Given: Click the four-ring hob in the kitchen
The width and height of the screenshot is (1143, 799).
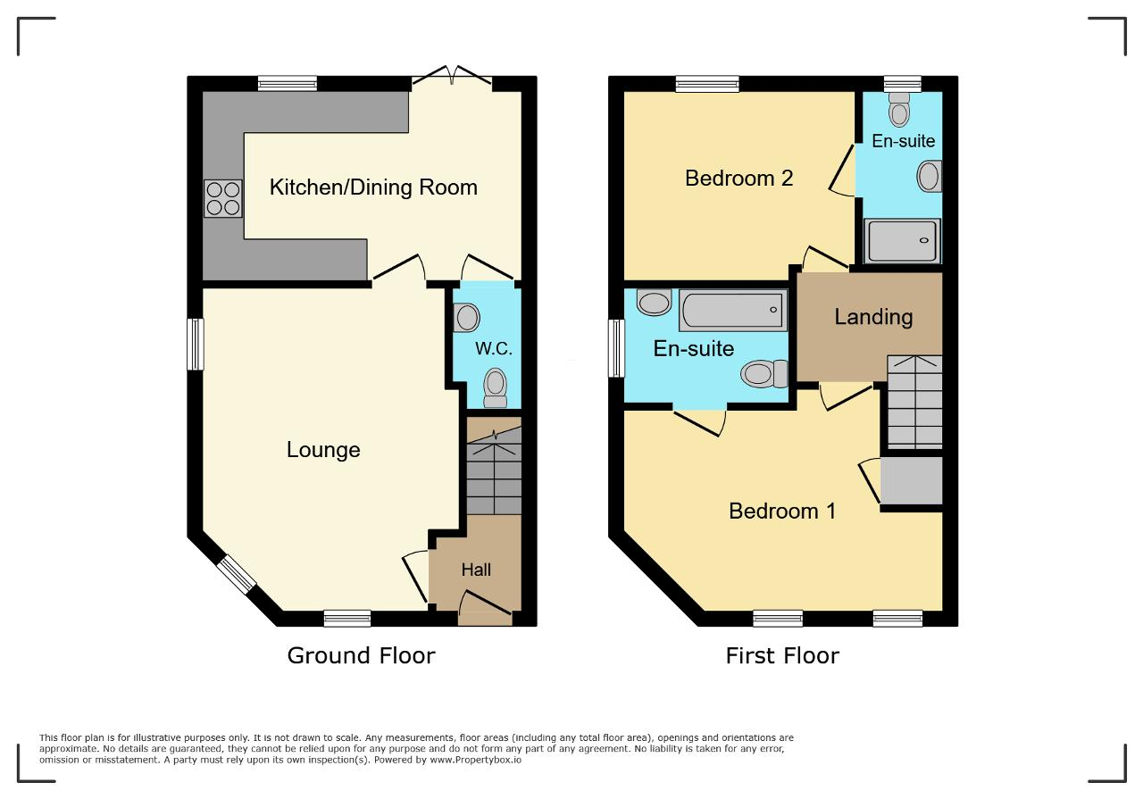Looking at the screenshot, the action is point(223,199).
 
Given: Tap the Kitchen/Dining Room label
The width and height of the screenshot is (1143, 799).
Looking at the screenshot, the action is point(373,187).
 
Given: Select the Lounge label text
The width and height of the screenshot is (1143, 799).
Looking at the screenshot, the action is point(323,450).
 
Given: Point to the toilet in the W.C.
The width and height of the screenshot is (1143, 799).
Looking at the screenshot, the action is point(495,387).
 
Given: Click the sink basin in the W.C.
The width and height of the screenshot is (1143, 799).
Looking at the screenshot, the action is point(466,317).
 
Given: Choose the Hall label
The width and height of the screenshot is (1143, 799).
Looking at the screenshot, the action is point(476,570).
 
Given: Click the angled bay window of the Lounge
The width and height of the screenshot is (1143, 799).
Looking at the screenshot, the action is point(236,575).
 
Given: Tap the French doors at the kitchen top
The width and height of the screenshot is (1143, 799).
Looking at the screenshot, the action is point(452,76).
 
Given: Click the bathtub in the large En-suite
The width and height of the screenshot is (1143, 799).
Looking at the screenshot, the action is point(733,310).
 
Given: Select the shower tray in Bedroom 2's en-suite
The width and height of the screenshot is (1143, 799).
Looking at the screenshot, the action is point(902,241).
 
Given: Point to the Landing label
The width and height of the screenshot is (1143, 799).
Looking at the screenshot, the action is point(873,317).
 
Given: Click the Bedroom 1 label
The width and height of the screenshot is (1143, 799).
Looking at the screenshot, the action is point(782,511).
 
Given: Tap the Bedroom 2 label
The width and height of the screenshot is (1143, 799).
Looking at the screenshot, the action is point(738,178).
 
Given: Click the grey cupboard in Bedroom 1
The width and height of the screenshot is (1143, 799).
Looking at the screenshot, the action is point(912,480).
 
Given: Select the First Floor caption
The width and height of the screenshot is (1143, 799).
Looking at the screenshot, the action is point(782,655).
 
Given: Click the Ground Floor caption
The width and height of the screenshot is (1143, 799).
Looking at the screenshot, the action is point(362,655).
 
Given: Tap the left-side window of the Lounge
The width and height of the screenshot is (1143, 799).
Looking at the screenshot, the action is point(196,344).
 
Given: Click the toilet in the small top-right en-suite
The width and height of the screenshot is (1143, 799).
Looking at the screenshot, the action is point(899,109).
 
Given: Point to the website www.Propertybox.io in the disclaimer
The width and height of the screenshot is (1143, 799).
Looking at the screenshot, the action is point(476,760).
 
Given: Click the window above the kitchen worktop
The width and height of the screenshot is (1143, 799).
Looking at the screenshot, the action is point(288,84).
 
